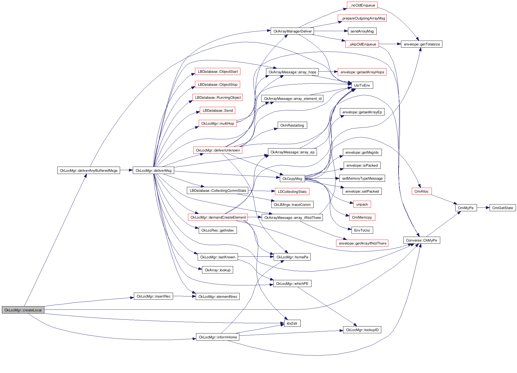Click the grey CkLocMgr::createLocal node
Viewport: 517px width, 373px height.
tap(23, 310)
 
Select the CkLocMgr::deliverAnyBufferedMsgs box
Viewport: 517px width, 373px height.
tap(88, 170)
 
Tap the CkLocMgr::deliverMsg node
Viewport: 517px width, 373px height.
tap(153, 170)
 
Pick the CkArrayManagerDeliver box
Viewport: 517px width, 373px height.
tap(292, 31)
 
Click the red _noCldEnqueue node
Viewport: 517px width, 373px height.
tap(362, 5)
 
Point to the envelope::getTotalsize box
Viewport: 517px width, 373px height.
tap(422, 44)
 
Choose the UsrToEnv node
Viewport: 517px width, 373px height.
tap(362, 85)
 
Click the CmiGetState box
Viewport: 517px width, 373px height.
tap(502, 208)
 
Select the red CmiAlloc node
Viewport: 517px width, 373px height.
tap(421, 191)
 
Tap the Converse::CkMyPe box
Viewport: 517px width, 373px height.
tap(421, 240)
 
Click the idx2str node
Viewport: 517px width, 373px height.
tap(292, 323)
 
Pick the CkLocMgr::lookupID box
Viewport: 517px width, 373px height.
tap(362, 330)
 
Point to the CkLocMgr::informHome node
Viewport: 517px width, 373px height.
tap(218, 337)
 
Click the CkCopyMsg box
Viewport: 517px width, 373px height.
tap(292, 179)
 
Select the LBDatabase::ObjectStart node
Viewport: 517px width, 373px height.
tap(218, 71)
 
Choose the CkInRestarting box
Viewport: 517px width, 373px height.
tap(292, 125)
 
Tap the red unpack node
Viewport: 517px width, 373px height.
tap(362, 204)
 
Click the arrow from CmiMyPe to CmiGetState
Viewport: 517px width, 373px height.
tap(483, 208)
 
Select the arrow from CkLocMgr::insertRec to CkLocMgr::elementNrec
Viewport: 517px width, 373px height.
tap(184, 296)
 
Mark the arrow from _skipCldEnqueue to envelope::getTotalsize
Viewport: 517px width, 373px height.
tap(390, 44)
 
